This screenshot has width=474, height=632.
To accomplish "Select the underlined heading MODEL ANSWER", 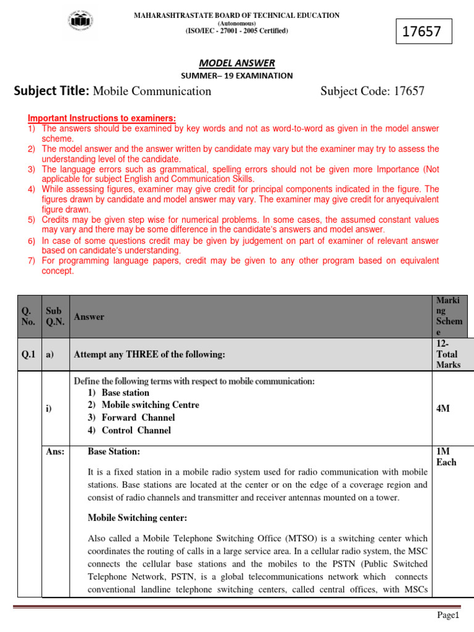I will [x=237, y=62].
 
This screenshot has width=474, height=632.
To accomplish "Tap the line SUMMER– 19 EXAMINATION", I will [x=236, y=75].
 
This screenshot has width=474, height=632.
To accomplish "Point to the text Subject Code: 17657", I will [x=372, y=91].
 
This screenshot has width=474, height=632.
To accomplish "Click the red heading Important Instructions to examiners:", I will [x=102, y=118].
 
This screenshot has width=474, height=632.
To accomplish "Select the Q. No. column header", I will [x=28, y=316].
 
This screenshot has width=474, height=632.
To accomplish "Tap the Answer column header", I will [x=89, y=317].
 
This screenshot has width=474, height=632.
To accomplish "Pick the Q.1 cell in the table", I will [x=29, y=354].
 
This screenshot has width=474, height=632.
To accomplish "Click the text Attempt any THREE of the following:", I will [x=149, y=354].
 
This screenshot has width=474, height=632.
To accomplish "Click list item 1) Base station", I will [x=118, y=393].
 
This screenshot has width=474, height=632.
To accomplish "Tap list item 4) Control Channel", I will [x=129, y=430].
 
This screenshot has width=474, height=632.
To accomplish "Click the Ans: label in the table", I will [x=56, y=452].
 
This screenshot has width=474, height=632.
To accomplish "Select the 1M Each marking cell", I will [x=446, y=457].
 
